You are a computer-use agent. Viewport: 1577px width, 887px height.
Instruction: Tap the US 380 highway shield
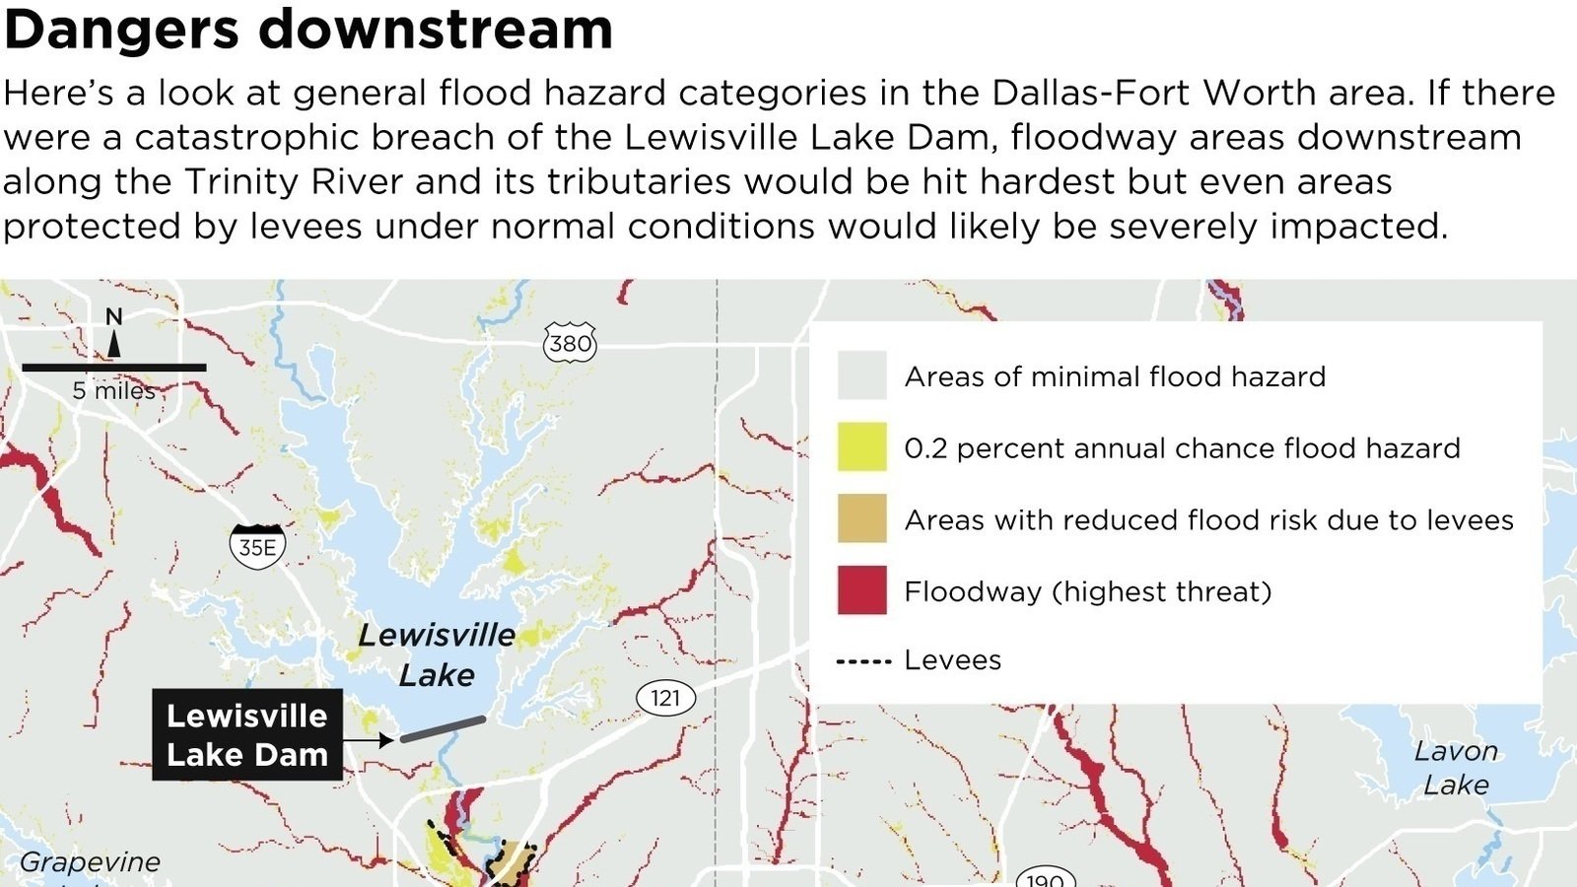pos(570,343)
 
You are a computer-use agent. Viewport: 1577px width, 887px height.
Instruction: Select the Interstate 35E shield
pos(257,546)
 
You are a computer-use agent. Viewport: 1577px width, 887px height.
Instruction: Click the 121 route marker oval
pos(665,698)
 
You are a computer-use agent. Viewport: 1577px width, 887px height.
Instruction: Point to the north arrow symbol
pos(114,342)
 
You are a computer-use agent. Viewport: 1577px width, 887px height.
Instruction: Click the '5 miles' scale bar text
pos(113,390)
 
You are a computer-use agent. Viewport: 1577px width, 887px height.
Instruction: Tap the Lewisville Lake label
pos(437,654)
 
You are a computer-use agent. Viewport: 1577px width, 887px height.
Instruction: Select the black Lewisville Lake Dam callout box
pos(246,735)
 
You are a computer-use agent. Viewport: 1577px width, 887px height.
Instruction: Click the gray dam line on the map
pos(443,729)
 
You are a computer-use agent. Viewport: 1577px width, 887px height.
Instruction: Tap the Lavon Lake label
pos(1456,768)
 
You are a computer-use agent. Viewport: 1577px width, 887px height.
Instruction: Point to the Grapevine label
pos(90,862)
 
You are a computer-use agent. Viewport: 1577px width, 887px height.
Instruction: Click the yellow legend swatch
pos(861,447)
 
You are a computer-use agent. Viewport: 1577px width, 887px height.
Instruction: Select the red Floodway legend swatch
pos(861,590)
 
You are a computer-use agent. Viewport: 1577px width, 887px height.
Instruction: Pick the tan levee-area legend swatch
pos(861,519)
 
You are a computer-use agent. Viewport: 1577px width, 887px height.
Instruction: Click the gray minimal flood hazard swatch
pos(861,375)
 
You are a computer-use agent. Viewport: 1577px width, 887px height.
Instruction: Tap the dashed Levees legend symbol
pos(863,661)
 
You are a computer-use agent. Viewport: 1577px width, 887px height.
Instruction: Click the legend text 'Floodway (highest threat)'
pos(1087,591)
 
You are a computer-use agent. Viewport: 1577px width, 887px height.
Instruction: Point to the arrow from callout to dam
pos(371,739)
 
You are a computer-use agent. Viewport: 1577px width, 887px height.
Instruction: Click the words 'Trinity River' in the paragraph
pos(294,182)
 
